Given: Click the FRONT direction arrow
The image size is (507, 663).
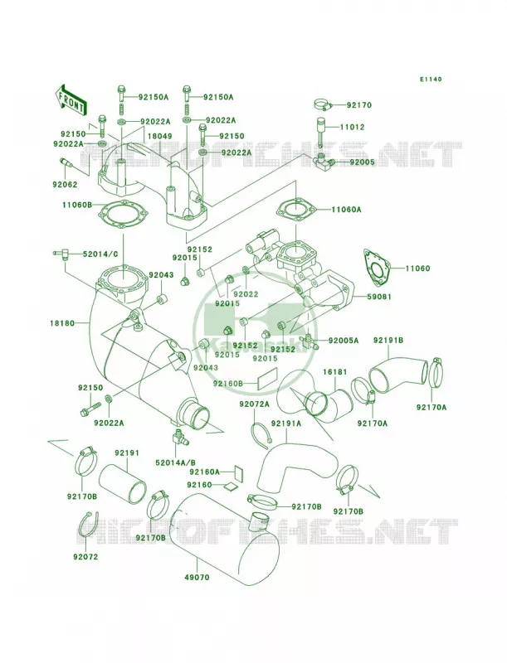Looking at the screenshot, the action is [70, 99].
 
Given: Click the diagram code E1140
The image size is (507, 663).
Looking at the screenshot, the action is [431, 79].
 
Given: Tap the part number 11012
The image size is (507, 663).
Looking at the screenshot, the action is [352, 127].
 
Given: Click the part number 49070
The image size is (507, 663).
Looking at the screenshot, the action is [197, 577].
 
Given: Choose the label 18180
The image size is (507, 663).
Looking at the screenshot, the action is [61, 323].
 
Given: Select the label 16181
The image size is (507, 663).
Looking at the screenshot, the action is [334, 372].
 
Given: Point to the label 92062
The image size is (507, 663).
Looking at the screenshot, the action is [66, 184].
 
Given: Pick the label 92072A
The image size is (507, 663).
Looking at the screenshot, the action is [255, 404].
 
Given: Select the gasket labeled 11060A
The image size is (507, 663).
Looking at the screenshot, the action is [296, 209].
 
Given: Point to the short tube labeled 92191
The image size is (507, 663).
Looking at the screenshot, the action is [123, 483].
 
